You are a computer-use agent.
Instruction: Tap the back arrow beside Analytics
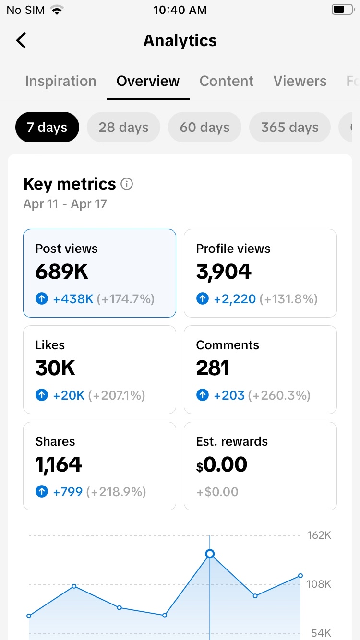pos(21,40)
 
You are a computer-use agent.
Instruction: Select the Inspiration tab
pos(60,81)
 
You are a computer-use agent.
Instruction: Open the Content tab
pos(226,81)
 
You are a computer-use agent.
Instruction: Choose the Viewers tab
pos(300,81)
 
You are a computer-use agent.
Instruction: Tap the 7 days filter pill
pos(47,127)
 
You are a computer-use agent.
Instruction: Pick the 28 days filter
pos(123,127)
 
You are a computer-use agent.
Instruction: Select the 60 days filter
pos(204,127)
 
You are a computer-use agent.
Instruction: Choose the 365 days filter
pos(289,127)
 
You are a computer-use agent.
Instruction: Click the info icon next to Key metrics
pos(127,184)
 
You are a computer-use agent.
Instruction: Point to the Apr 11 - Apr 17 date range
pos(65,204)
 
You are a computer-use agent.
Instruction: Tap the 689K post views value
pos(62,272)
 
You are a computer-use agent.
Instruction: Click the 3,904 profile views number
pos(224,272)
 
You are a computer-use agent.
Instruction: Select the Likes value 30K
pos(55,367)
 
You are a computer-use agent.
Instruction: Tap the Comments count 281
pos(213,367)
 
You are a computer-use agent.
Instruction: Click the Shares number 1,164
pos(59,464)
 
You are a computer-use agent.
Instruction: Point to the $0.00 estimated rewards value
pos(222,464)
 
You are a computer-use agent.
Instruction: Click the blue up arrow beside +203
pos(203,395)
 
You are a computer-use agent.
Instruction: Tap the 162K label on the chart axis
pos(319,535)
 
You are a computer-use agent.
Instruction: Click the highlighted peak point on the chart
pos(210,554)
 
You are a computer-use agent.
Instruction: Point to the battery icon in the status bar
pos(343,10)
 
